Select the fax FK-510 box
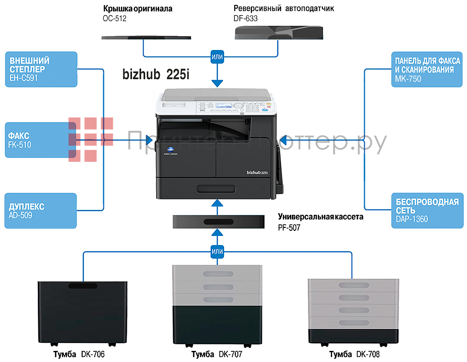pyautogui.click(x=40, y=140)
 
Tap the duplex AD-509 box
pyautogui.click(x=40, y=211)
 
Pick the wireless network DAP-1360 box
pyautogui.click(x=427, y=211)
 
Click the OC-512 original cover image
pyautogui.click(x=146, y=37)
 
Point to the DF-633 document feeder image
pyautogui.click(x=279, y=33)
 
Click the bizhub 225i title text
pyautogui.click(x=156, y=74)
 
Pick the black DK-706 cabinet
pyautogui.click(x=82, y=312)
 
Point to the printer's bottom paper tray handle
pyautogui.click(x=217, y=189)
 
